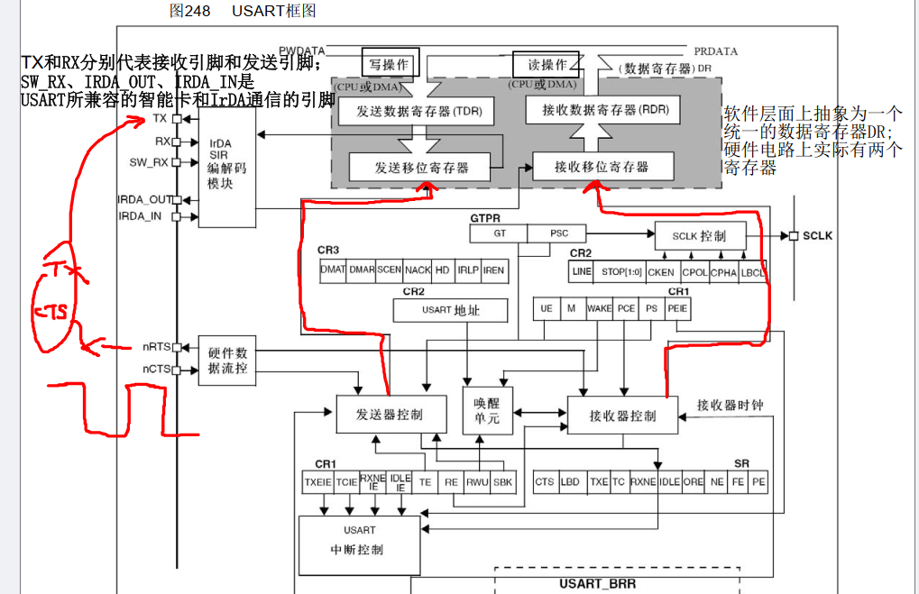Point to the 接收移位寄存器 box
point(602,168)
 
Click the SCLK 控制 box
point(698,236)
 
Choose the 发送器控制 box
point(391,415)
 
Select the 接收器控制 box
point(623,416)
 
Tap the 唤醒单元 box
point(486,412)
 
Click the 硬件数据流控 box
point(227,361)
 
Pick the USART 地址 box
point(451,310)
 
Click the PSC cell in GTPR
point(560,233)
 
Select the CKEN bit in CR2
point(660,271)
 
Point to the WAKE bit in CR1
point(599,308)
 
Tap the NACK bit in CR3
point(418,270)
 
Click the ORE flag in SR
point(693,482)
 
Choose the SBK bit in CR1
point(502,482)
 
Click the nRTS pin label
point(157,346)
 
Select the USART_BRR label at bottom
point(597,584)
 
